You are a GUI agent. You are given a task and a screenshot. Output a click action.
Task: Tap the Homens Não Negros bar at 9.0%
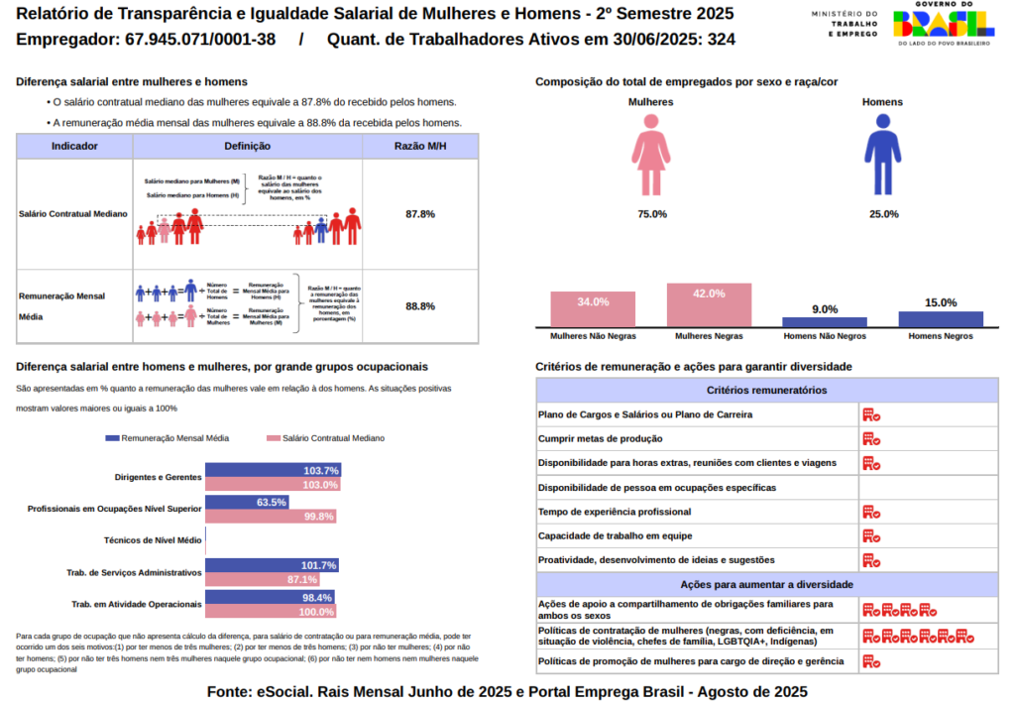point(825,321)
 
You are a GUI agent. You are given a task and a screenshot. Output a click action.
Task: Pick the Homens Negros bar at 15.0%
point(941,318)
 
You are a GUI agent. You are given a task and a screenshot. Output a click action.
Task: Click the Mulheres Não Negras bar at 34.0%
point(593,309)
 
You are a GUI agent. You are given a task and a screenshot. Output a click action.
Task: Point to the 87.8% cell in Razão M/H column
point(420,214)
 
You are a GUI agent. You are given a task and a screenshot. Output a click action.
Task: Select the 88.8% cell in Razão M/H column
point(420,306)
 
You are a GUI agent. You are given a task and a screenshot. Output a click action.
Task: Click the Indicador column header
point(74,146)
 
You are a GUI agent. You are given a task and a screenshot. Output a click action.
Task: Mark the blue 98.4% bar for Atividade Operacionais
point(270,598)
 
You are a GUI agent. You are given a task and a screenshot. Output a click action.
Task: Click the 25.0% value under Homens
point(883,214)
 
